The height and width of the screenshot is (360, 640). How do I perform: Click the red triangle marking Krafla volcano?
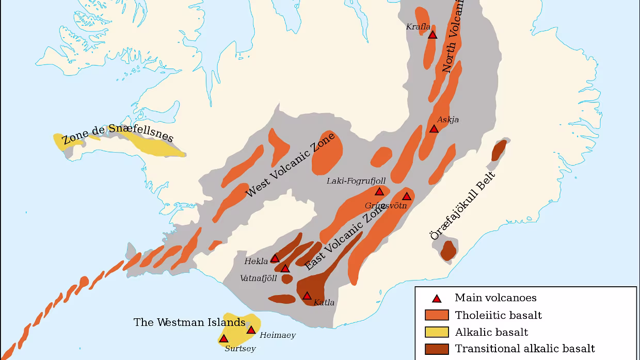pyautogui.click(x=433, y=35)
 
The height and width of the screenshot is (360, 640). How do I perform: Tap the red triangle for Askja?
pyautogui.click(x=434, y=129)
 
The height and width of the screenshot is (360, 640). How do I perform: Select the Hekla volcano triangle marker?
pyautogui.click(x=275, y=258)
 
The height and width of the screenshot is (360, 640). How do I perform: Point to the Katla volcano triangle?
pyautogui.click(x=307, y=296)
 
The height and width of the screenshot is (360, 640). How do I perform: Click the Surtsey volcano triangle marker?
pyautogui.click(x=223, y=339)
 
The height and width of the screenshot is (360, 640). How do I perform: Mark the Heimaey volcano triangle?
pyautogui.click(x=251, y=330)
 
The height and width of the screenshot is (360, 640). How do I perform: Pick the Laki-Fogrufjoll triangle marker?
pyautogui.click(x=379, y=192)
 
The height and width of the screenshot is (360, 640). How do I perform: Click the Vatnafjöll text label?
pyautogui.click(x=259, y=279)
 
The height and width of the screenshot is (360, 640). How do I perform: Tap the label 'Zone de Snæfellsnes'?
pyautogui.click(x=118, y=135)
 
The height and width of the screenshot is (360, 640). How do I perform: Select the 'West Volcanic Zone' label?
pyautogui.click(x=290, y=165)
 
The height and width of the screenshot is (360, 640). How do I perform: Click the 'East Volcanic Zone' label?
pyautogui.click(x=345, y=238)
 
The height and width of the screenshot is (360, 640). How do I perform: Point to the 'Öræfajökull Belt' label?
pyautogui.click(x=462, y=206)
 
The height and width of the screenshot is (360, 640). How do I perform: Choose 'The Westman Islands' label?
pyautogui.click(x=189, y=322)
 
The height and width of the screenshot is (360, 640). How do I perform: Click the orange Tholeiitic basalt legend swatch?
pyautogui.click(x=437, y=315)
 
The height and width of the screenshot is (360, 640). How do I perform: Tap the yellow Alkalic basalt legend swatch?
pyautogui.click(x=437, y=332)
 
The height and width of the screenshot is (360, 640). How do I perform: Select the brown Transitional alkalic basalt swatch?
pyautogui.click(x=437, y=349)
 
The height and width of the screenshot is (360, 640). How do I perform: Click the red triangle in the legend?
pyautogui.click(x=437, y=298)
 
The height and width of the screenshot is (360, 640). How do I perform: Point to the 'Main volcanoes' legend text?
pyautogui.click(x=495, y=298)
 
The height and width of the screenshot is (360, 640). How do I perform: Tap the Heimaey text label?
pyautogui.click(x=278, y=335)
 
